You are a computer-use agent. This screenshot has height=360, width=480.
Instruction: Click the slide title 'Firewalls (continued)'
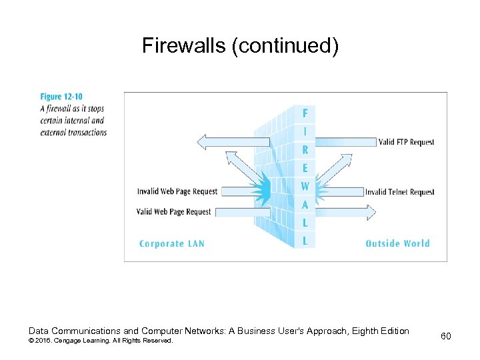coord(240,45)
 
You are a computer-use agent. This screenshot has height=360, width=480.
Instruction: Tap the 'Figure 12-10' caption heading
coord(61,97)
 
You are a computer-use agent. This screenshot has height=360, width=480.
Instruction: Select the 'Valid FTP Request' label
coord(406,142)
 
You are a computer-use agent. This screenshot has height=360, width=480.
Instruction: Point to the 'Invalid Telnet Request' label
coord(399,192)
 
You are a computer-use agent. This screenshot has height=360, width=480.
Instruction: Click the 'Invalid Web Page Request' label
coord(177,191)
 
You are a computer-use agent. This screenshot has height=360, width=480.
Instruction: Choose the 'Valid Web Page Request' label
coord(173,212)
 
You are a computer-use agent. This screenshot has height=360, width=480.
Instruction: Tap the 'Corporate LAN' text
coord(171,243)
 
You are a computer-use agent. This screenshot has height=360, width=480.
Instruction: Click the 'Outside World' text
coord(397,243)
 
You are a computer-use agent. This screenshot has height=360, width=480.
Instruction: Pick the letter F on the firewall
coord(305,113)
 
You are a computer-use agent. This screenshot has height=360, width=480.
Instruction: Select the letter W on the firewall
coord(305,187)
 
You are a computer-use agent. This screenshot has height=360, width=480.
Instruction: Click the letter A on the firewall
coord(305,205)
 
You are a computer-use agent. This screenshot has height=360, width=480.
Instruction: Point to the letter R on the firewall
coord(305,150)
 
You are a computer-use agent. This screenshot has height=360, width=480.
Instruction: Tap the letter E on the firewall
coord(305,169)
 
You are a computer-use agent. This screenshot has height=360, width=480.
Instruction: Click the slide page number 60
coord(445,336)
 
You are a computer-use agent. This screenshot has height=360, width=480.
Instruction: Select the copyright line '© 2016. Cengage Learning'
coord(100,341)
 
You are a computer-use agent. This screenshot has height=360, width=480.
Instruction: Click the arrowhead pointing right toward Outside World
coord(371,213)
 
